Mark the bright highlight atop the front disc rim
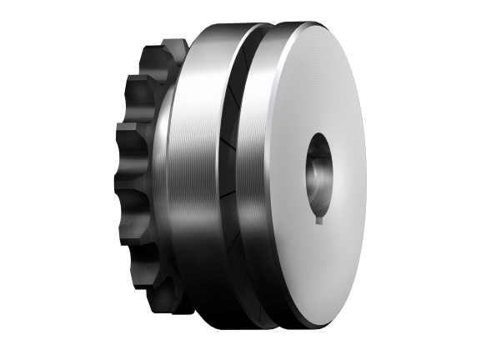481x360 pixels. pos(283,50)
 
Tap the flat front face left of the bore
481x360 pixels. pos(275,179)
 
